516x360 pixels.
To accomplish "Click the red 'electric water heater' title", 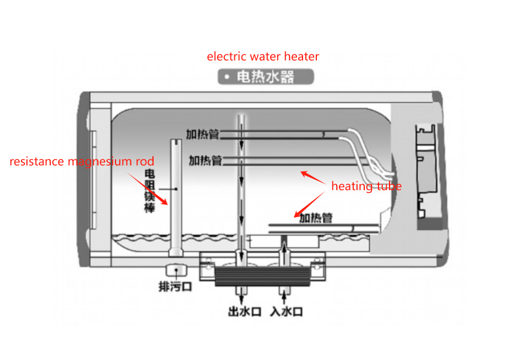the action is [263, 57].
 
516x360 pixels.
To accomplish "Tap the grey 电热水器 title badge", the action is [266, 76].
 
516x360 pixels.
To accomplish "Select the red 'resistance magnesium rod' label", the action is [82, 162].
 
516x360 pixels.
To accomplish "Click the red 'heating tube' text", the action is [366, 186].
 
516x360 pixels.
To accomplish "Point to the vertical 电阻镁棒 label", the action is [150, 191].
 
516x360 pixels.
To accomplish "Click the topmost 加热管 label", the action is [202, 134].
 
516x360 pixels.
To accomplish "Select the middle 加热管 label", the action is [205, 160].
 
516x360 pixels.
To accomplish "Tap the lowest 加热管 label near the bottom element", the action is [316, 218].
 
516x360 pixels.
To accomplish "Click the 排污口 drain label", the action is [175, 287].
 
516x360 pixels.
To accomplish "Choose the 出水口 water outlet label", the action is [244, 311].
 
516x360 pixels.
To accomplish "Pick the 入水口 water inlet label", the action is [286, 311].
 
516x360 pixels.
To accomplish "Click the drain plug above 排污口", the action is [177, 270].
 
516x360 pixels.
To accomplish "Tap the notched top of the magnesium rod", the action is [177, 142].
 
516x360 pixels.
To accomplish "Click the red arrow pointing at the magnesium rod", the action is [148, 189].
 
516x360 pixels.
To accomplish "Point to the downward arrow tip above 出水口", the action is [242, 303].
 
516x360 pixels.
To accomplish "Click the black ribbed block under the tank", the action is [262, 276].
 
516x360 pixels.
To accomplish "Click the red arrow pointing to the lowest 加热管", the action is [309, 204].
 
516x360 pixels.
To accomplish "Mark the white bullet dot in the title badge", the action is [227, 77].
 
